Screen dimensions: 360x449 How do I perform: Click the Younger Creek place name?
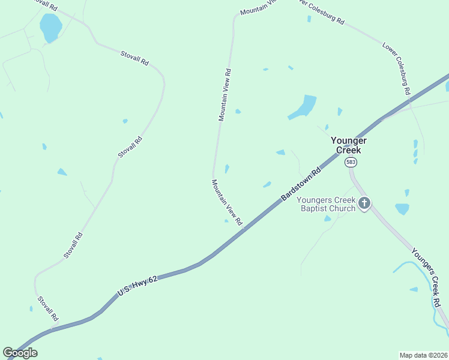tap(349, 145)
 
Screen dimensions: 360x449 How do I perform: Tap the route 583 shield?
tap(351, 162)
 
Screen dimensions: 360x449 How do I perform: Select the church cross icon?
tap(364, 204)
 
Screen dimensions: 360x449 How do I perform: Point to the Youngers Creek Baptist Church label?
tap(328, 204)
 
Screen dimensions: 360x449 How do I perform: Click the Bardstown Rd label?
tap(301, 185)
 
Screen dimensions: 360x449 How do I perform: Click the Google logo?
tap(20, 353)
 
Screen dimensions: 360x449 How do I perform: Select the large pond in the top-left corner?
tap(50, 27)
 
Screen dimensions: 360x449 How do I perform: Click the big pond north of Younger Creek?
tap(303, 107)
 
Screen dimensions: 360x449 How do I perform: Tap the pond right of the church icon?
tap(402, 209)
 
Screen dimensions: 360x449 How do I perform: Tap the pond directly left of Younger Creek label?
tap(280, 152)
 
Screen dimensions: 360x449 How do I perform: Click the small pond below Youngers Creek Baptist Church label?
tap(327, 218)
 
